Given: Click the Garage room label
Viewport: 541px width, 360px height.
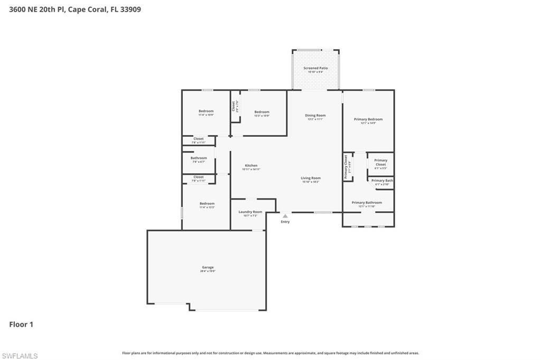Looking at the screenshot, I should coord(208,268).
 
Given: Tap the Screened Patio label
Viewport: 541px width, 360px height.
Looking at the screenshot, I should coord(315,69).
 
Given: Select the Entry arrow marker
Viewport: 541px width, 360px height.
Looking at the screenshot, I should coord(285,216).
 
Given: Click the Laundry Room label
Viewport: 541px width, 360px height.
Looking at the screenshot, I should coord(250,212).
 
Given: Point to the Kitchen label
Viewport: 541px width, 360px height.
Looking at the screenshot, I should coord(251,166).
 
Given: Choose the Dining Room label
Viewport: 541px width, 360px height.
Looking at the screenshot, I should coord(315,116).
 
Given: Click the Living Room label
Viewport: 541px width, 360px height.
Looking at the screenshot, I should coord(311,178).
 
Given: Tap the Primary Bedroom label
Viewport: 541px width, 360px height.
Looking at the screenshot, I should coord(368,120).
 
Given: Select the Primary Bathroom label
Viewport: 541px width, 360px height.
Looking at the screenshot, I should coord(367,203).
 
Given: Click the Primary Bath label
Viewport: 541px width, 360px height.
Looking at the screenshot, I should coord(382,181).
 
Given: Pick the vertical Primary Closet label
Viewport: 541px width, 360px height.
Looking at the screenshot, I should coord(347,167).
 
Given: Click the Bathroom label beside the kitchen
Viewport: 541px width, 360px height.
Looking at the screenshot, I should coord(199,158).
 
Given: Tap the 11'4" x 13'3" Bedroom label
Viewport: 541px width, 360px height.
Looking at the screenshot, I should coord(207,204).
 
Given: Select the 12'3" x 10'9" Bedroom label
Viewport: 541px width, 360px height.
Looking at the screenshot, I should coord(262,112).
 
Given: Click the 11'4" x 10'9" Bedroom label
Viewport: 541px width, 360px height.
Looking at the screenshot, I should coord(206,111).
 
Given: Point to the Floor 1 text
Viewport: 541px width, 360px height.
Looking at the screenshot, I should coord(21,325).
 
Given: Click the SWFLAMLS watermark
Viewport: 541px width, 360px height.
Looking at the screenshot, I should coord(20,356).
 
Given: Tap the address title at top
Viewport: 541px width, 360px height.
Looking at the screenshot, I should coord(75,10).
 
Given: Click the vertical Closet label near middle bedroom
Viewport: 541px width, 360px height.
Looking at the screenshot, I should coord(233,106).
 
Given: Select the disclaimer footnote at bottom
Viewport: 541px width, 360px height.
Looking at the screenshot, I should coord(270,353).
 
